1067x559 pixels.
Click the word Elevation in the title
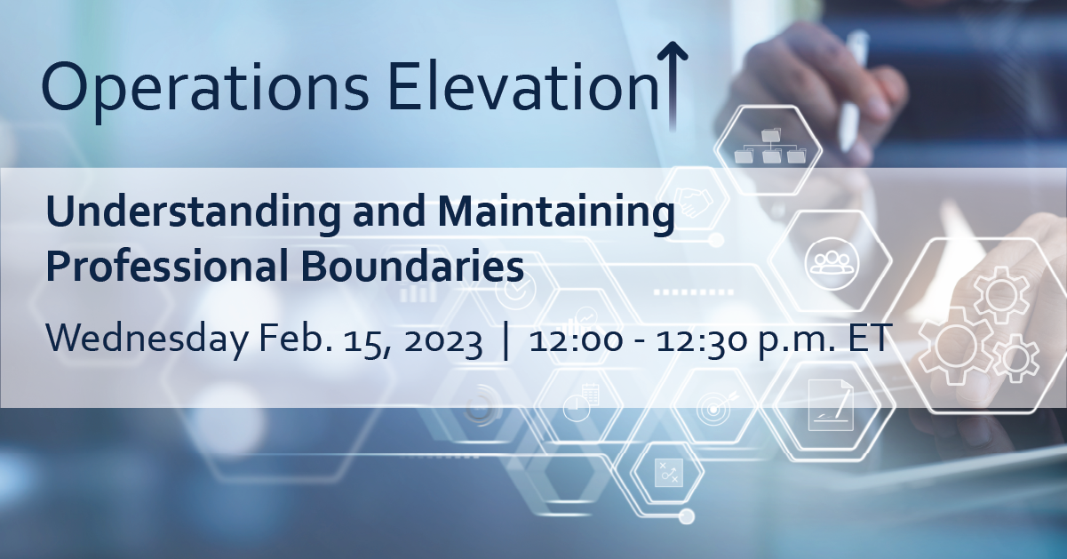524,87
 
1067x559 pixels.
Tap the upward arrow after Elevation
673,86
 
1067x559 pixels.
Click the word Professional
167,266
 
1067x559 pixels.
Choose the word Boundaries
412,266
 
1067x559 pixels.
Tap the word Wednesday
147,339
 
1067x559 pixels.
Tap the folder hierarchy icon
769,147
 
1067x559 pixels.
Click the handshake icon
692,201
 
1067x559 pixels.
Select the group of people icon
832,263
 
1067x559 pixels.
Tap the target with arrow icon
715,406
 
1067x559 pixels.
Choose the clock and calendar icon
581,403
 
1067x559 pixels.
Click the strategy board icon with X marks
669,473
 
